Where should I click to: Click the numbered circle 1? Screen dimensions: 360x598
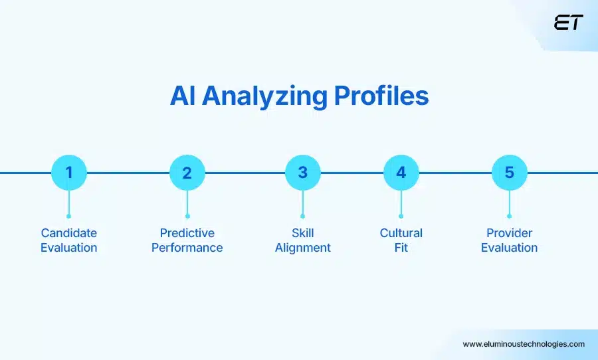coord(68,173)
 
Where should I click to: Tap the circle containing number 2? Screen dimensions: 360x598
coord(187,173)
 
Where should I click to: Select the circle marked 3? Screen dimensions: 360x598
coord(302,173)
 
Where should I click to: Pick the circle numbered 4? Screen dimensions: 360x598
coord(401,173)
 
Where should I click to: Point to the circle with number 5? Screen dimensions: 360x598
coord(509,173)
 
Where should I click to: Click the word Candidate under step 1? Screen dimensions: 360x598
coord(68,233)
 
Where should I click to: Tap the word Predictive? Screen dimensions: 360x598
coord(187,233)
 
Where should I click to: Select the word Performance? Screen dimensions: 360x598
coord(187,248)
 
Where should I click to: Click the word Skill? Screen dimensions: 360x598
coord(302,233)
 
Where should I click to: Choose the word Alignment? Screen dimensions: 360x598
coord(302,248)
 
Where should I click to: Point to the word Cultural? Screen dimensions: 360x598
coord(401,233)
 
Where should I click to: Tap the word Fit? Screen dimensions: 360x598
coord(401,248)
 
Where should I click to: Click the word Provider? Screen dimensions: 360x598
coord(509,233)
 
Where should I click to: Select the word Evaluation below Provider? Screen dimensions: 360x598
coord(509,248)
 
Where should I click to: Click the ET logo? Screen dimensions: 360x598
coord(568,23)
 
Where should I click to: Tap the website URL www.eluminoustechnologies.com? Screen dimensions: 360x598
coord(524,344)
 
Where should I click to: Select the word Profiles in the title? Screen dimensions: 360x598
coord(381,96)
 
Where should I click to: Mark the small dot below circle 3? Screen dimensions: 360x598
coord(302,216)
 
